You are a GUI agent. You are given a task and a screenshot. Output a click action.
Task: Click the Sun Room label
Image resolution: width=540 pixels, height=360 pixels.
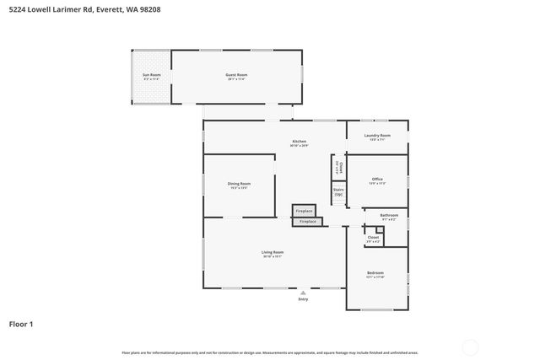pyautogui.click(x=152, y=75)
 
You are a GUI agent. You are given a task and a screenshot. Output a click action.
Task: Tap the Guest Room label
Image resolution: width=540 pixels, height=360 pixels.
pyautogui.click(x=236, y=75)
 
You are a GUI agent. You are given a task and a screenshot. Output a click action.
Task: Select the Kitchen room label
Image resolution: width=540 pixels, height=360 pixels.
pyautogui.click(x=299, y=142)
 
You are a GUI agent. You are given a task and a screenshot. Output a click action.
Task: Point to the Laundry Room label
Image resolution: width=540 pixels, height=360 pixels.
pyautogui.click(x=377, y=136)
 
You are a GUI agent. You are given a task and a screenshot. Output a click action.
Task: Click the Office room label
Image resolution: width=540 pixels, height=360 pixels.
pyautogui.click(x=377, y=180)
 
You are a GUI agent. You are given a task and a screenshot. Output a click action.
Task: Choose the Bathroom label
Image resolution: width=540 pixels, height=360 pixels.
pyautogui.click(x=388, y=216)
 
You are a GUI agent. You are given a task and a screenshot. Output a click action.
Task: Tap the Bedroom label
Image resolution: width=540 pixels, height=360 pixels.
pyautogui.click(x=375, y=273)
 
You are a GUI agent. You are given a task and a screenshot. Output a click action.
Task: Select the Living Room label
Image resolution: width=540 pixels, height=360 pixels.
pyautogui.click(x=272, y=253)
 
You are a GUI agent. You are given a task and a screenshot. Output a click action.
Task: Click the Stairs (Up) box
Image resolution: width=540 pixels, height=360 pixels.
pyautogui.click(x=338, y=192)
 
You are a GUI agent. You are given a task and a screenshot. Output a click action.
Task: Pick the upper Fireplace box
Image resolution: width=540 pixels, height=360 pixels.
pyautogui.click(x=303, y=210)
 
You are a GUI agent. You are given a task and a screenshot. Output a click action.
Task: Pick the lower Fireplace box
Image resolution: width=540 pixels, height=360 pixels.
pyautogui.click(x=308, y=221)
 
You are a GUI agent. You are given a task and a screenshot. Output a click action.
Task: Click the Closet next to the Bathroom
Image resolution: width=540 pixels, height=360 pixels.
pyautogui.click(x=373, y=238)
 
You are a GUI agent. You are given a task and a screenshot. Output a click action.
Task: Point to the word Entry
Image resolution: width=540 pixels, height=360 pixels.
pyautogui.click(x=303, y=299)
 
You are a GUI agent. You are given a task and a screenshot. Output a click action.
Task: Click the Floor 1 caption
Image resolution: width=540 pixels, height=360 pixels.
pyautogui.click(x=21, y=323)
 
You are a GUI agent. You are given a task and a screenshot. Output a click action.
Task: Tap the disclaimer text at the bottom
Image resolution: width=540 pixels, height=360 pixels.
pyautogui.click(x=270, y=352)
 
